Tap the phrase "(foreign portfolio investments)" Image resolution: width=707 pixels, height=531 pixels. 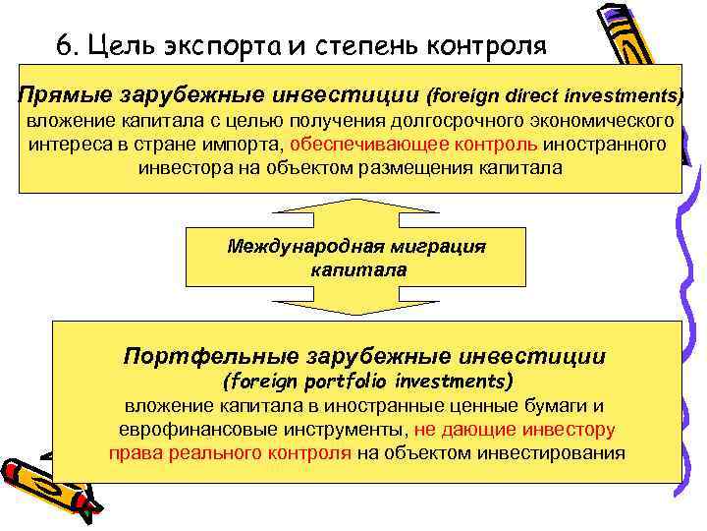tap(368, 380)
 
